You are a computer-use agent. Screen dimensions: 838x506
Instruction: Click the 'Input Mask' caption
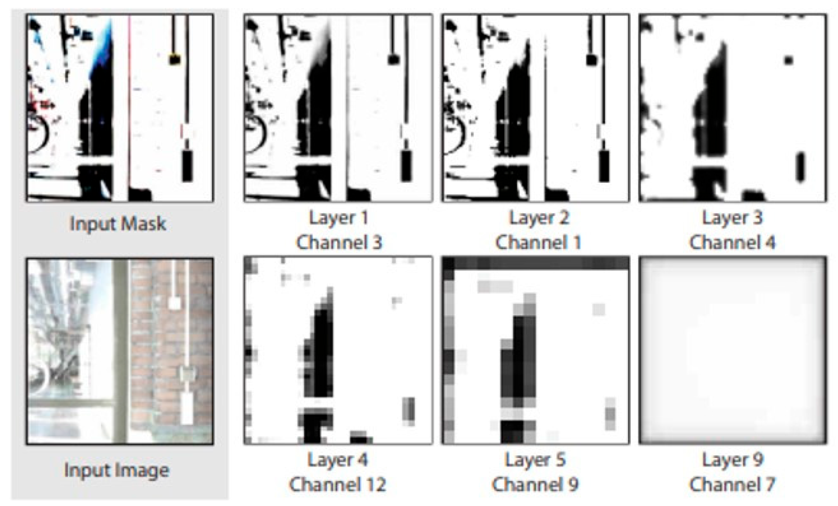click(118, 223)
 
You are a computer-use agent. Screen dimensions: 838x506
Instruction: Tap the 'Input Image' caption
click(117, 470)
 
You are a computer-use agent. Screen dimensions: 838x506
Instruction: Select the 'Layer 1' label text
click(339, 218)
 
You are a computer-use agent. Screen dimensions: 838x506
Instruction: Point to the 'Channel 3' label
click(339, 243)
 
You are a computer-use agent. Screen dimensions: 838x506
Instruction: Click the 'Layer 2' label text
click(539, 218)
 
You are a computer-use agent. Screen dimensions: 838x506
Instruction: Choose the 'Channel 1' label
click(539, 243)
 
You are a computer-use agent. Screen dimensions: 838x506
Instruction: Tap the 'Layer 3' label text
click(732, 218)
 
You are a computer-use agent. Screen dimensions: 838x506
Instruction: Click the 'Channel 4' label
click(732, 243)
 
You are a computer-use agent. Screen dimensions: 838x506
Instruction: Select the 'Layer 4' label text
click(337, 460)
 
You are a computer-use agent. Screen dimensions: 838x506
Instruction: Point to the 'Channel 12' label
click(337, 485)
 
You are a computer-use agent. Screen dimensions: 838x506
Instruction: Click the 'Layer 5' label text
click(535, 460)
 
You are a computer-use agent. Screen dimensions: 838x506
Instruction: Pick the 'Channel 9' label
click(535, 485)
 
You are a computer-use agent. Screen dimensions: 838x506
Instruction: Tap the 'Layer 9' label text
click(732, 460)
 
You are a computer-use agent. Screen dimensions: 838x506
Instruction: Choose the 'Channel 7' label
click(732, 485)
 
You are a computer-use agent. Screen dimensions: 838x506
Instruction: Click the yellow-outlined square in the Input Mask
click(174, 59)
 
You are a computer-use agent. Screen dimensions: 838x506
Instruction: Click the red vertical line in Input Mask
click(129, 103)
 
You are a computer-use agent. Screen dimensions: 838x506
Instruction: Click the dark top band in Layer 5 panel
click(535, 263)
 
